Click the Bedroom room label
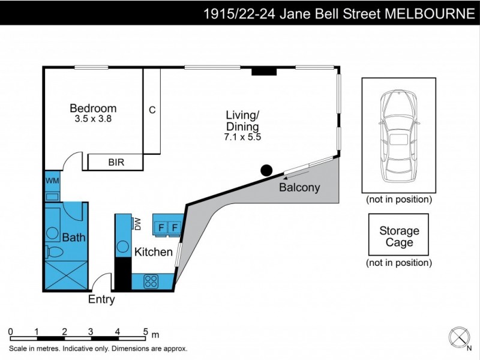[93, 109]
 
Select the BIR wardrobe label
[116, 162]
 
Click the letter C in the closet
[152, 110]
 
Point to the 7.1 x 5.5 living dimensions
[242, 137]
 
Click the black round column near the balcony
[266, 170]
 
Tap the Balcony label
[299, 188]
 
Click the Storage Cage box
[399, 236]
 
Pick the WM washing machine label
[52, 181]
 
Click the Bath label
[73, 238]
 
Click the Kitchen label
[153, 252]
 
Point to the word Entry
[101, 300]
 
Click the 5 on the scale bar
[145, 331]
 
